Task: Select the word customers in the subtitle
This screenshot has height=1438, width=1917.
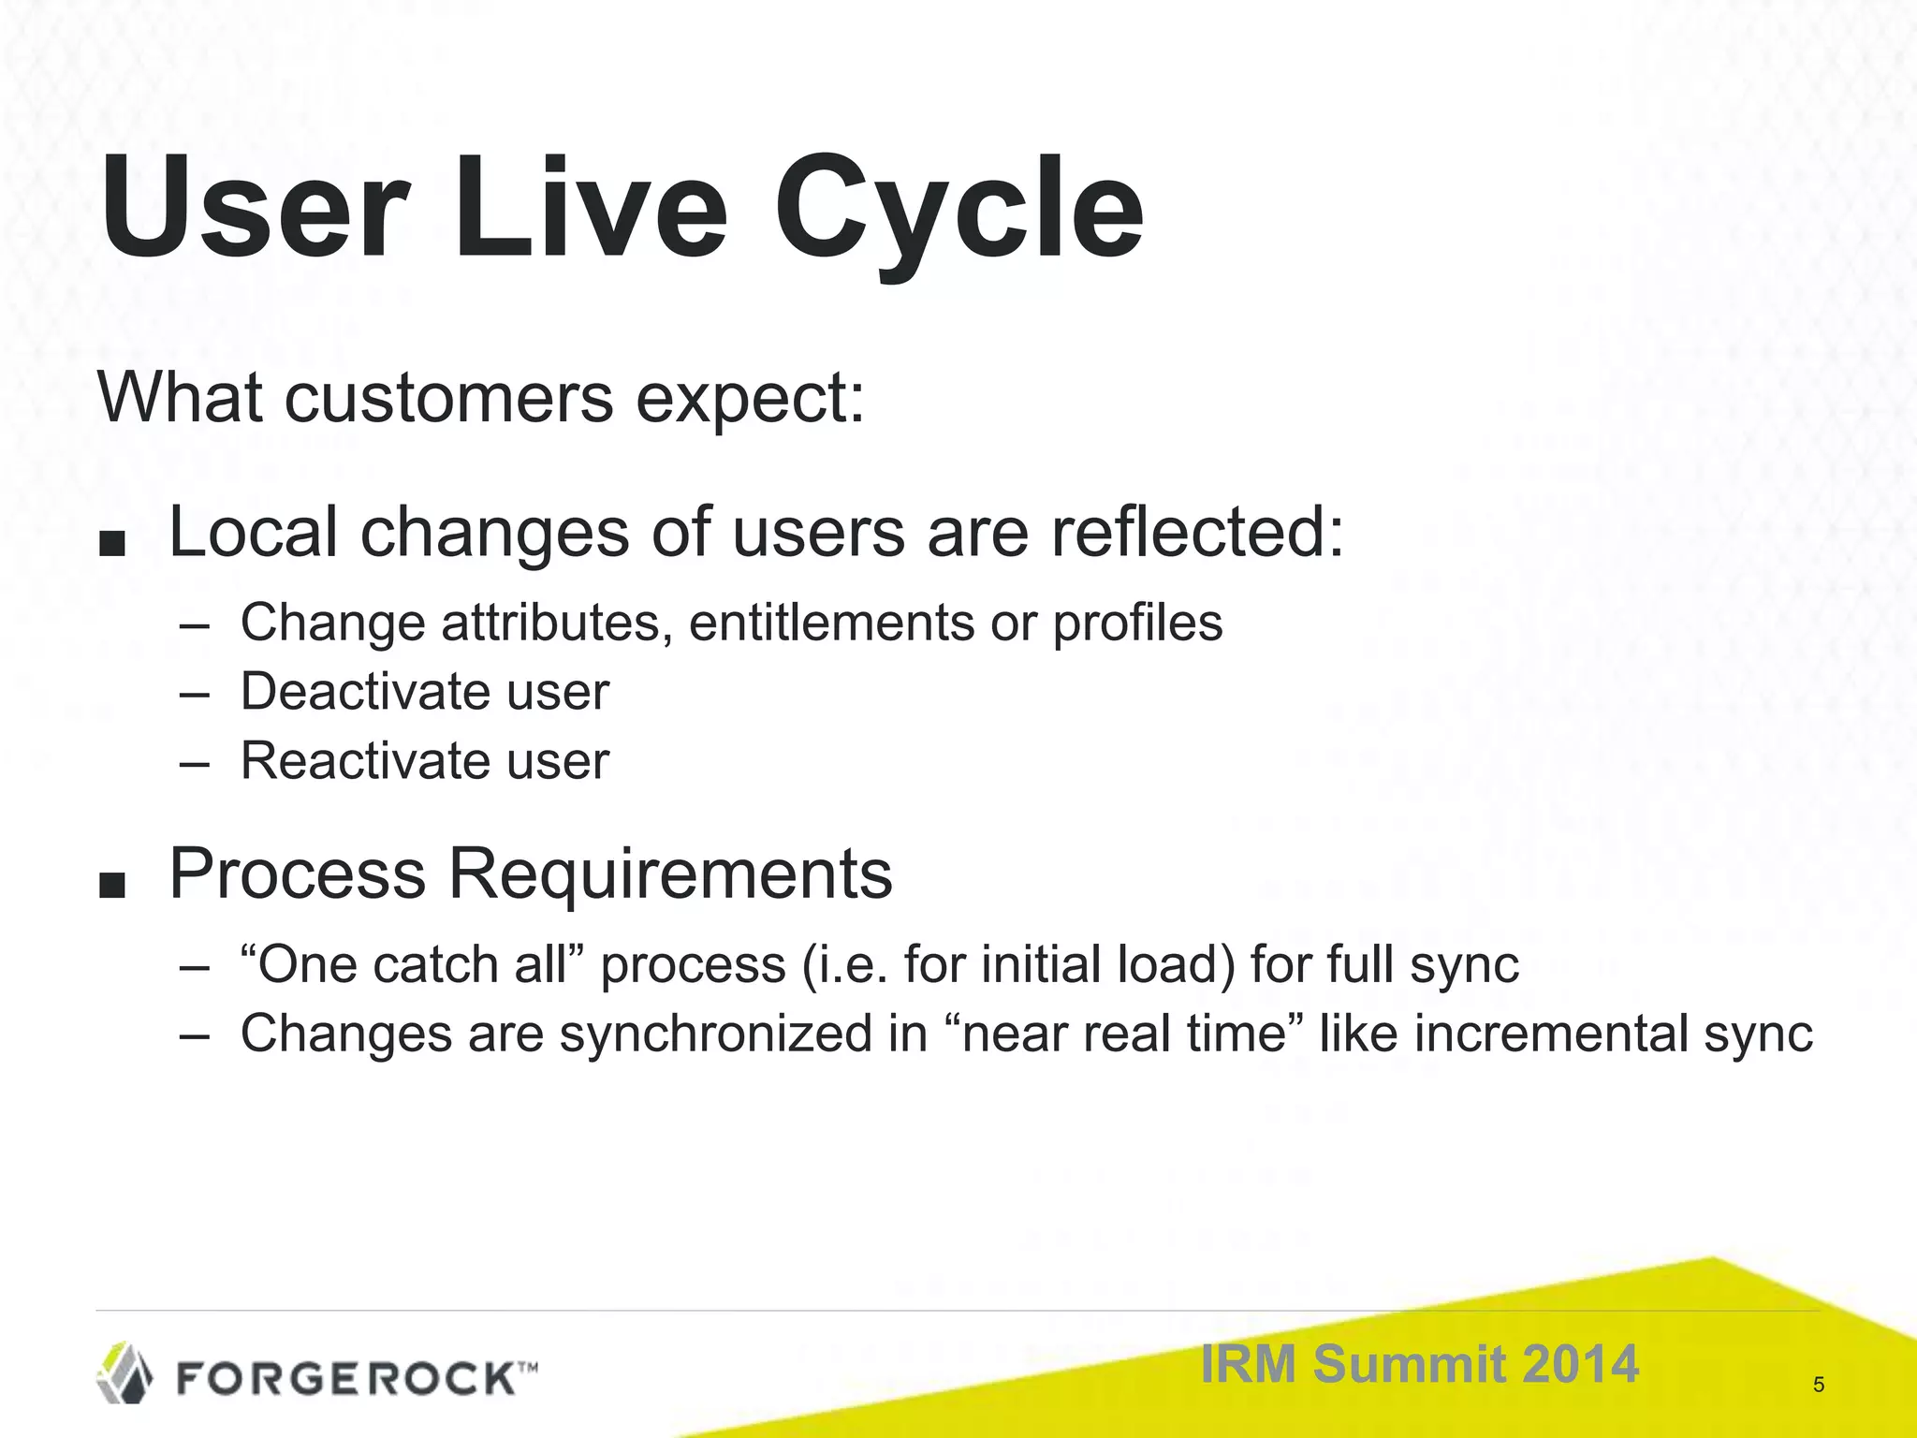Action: [448, 398]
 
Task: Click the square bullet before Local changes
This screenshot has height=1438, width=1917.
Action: [111, 544]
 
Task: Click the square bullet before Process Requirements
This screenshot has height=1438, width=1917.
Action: [111, 885]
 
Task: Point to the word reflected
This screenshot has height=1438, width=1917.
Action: [1196, 532]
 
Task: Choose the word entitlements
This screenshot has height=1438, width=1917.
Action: [831, 623]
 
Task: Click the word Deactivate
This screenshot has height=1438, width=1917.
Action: [365, 692]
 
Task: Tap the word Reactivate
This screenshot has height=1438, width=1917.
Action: [365, 760]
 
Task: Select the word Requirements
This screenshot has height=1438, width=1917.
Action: [670, 873]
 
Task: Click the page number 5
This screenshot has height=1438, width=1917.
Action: [1819, 1385]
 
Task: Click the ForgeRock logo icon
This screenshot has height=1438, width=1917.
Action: [124, 1373]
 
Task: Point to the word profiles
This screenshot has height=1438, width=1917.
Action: [1137, 623]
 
